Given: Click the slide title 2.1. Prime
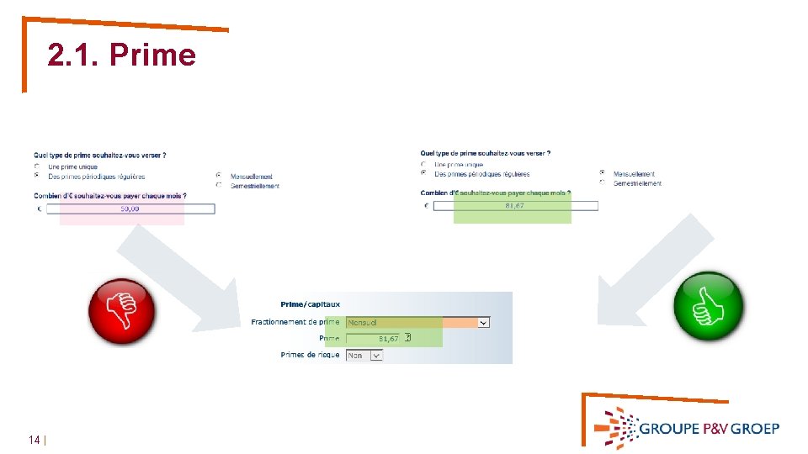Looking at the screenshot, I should tap(121, 55).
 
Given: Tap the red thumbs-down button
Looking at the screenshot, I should tap(122, 310).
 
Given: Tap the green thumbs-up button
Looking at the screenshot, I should tap(710, 306).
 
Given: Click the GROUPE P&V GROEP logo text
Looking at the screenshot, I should tap(709, 428).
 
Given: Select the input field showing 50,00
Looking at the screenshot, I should tap(130, 209).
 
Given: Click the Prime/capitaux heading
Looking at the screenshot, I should tap(310, 304).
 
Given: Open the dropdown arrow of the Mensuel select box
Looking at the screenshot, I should tap(483, 322).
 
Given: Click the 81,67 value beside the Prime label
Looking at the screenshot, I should tap(388, 338).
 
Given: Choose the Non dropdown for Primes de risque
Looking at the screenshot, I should tap(364, 356).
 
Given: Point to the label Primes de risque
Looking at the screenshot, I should tap(310, 355).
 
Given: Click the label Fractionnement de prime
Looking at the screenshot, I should tap(295, 322).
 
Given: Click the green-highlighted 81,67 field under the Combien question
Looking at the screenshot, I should tap(514, 206).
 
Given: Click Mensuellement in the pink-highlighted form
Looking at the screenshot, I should tap(251, 177).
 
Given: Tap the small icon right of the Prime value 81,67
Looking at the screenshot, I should tap(407, 338).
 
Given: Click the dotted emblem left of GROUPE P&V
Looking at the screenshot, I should tap(616, 428).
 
